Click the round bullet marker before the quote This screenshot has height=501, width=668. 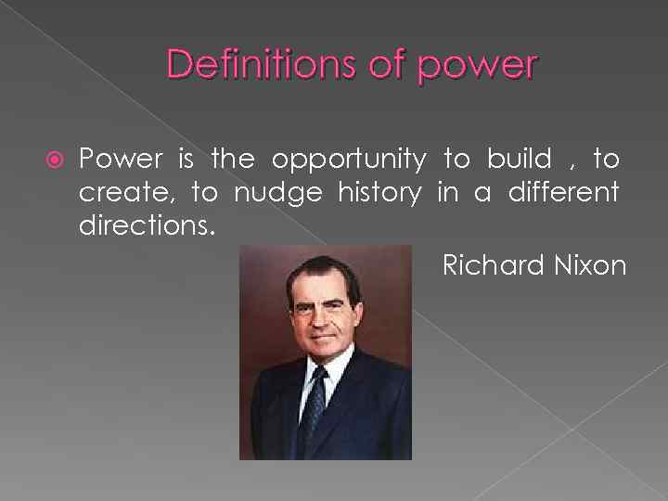(53, 160)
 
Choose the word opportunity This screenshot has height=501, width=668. (349, 161)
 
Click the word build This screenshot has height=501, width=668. (518, 160)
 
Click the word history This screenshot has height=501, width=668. (379, 194)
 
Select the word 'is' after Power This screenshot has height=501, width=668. (186, 160)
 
